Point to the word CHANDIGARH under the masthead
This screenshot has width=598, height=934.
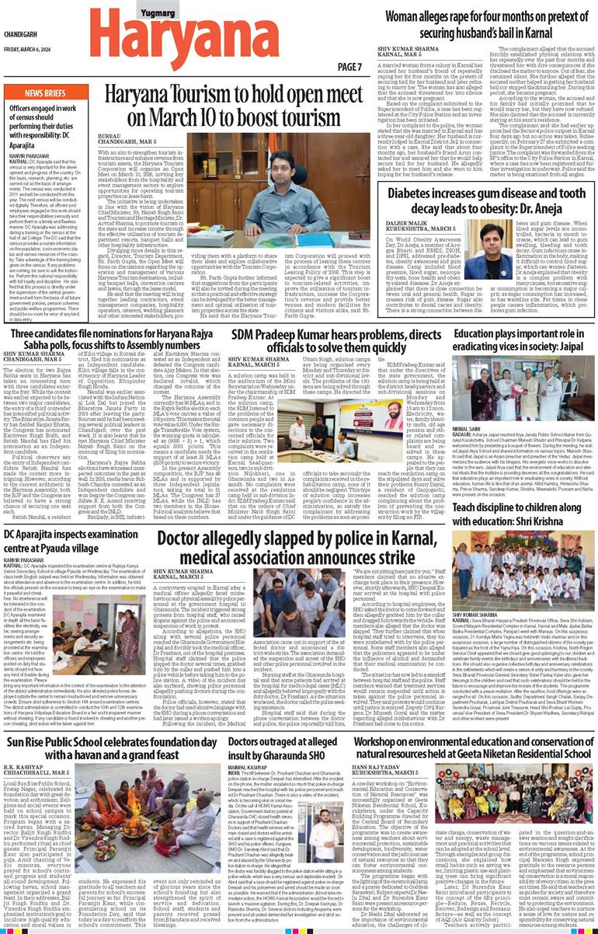click(24, 33)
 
